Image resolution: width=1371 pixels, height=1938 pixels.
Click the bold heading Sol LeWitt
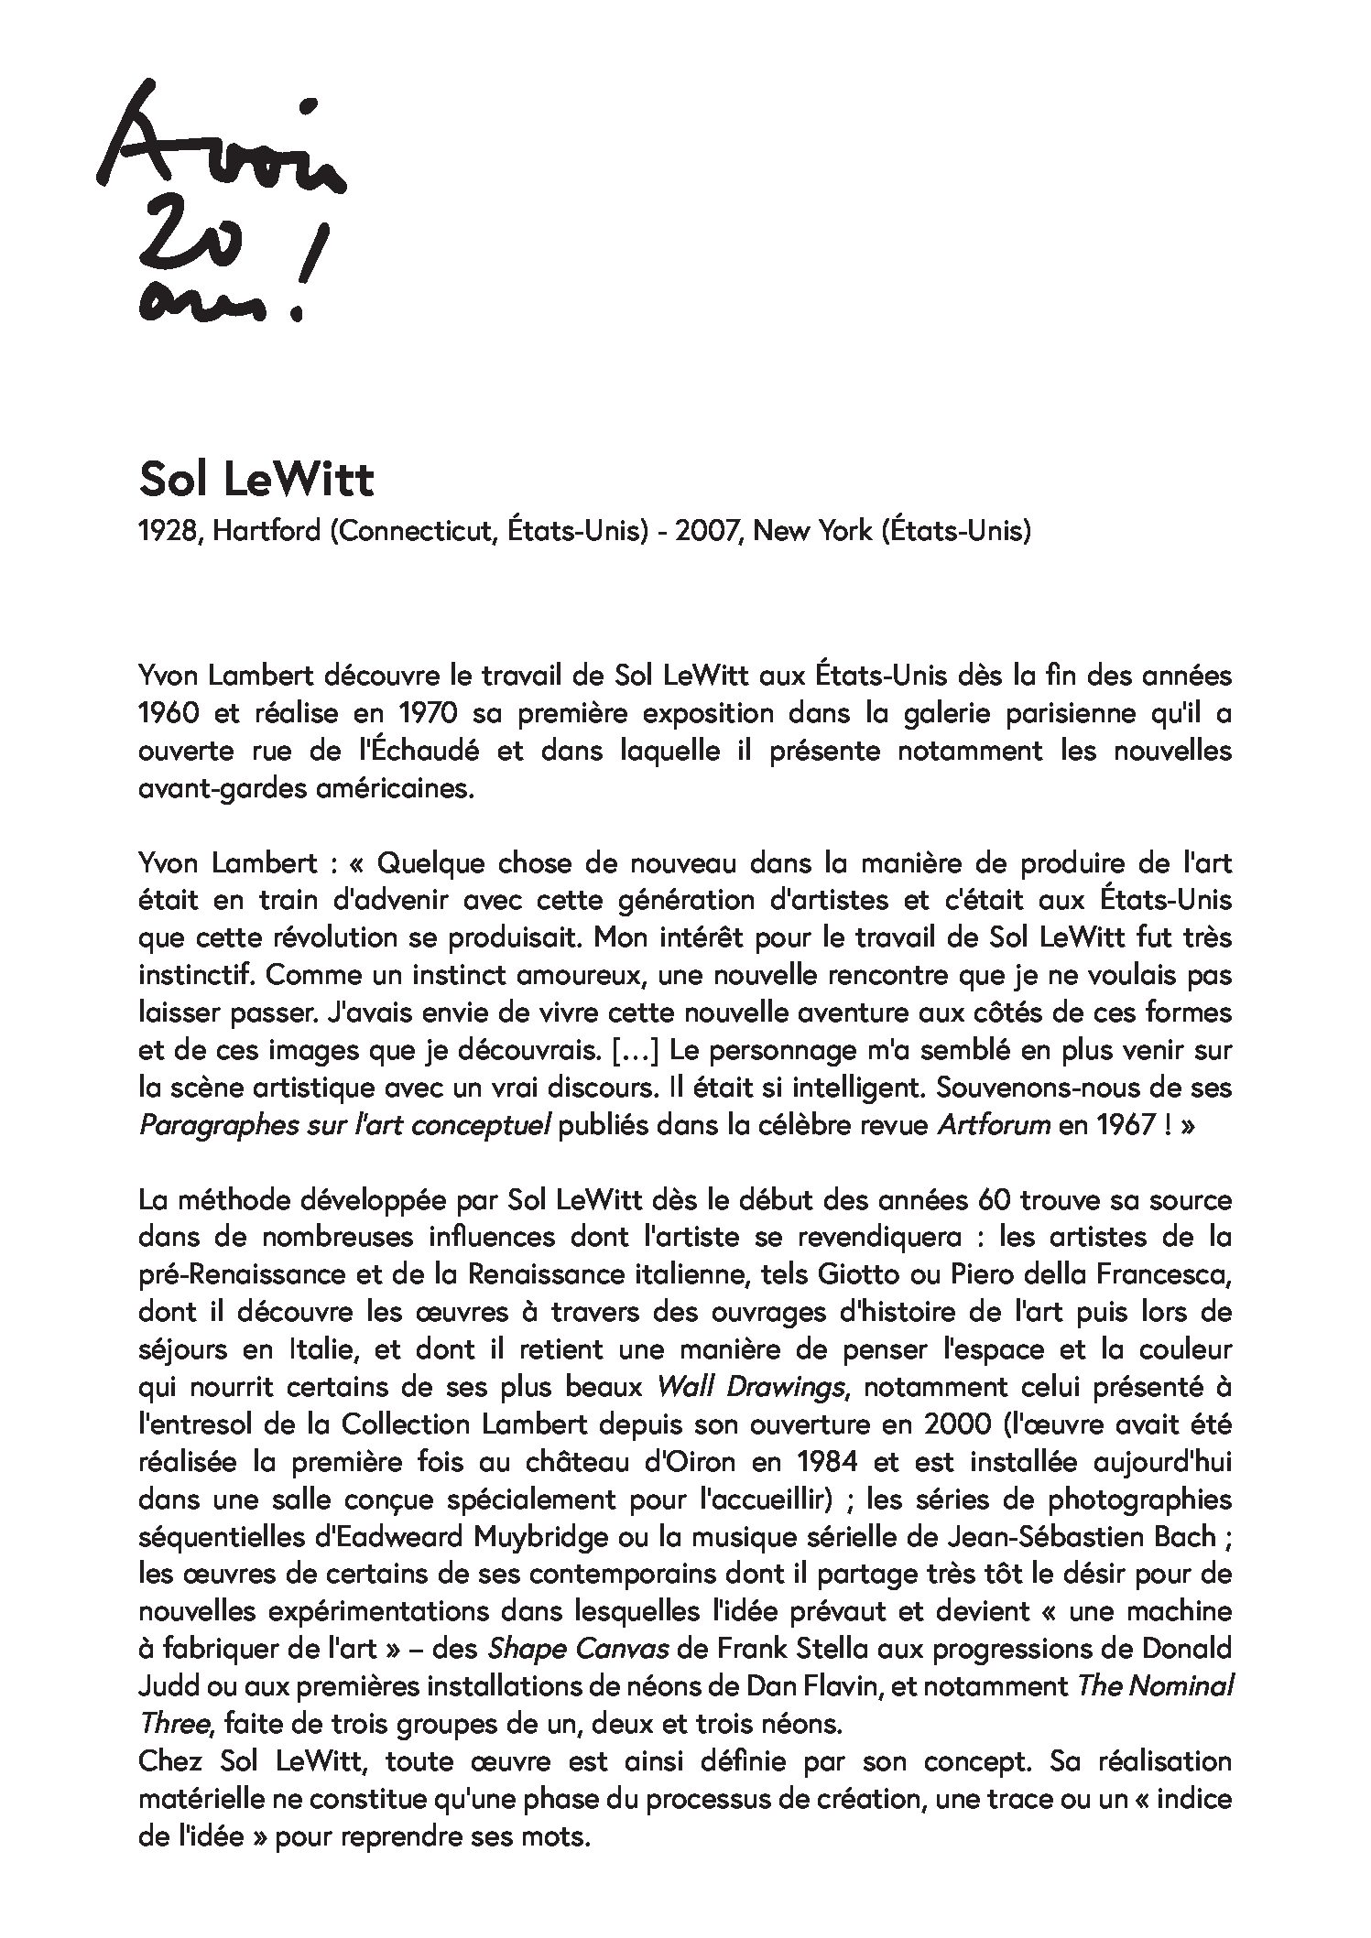(x=256, y=480)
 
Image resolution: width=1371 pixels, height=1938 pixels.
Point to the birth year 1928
(x=169, y=530)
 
